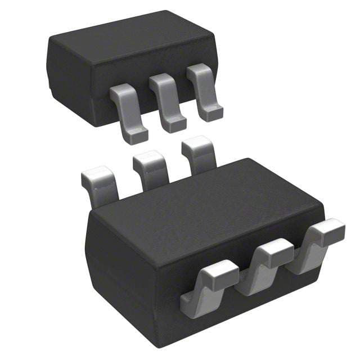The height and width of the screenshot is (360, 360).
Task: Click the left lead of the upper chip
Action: click(x=128, y=110)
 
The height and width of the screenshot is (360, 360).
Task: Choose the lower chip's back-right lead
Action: click(x=198, y=154)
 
